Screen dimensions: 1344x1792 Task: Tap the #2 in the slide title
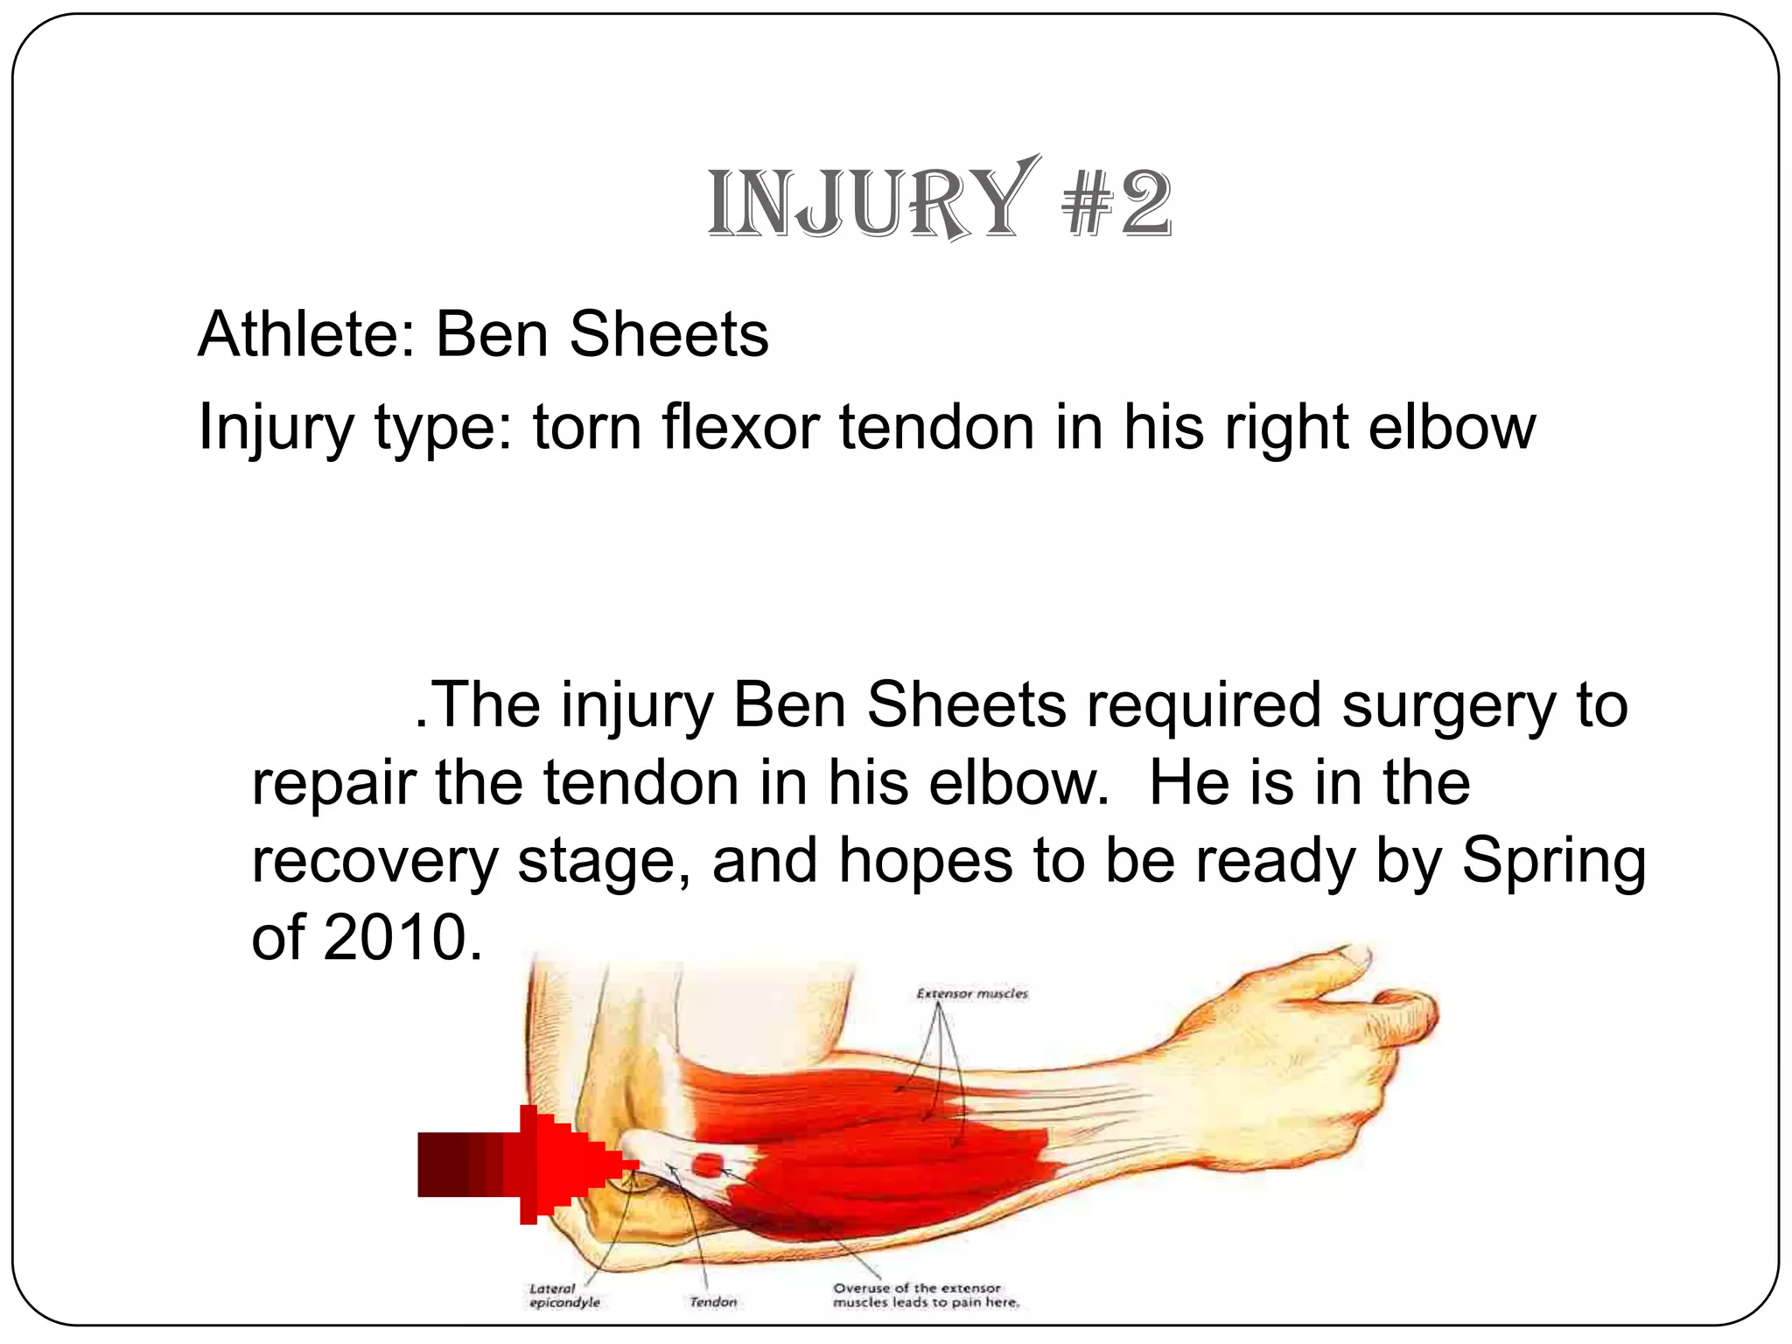[x=1116, y=205]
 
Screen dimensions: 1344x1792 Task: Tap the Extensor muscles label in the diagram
[x=972, y=994]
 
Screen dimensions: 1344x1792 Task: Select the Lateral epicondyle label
[x=564, y=1295]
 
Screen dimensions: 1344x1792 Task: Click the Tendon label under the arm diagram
[x=712, y=1302]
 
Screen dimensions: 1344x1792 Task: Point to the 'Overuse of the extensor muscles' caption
[x=925, y=1295]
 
